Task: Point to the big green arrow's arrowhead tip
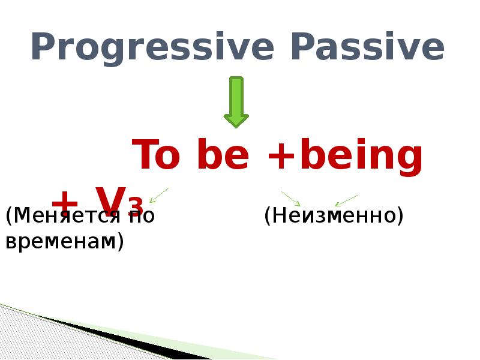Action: (x=236, y=126)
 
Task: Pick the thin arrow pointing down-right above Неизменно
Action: (x=290, y=199)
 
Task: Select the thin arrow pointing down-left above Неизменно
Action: (x=346, y=200)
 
